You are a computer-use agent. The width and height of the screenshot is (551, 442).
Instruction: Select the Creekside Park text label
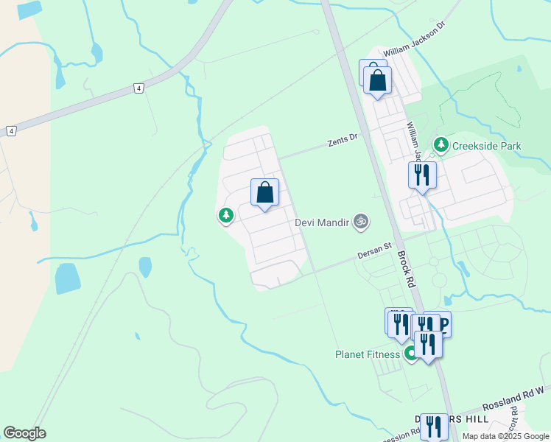point(487,146)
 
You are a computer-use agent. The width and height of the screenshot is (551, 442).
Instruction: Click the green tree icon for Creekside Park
point(441,144)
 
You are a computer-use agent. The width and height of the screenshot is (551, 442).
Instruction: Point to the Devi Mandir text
point(322,221)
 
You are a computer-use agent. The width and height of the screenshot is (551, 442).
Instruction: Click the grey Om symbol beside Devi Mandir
point(360,220)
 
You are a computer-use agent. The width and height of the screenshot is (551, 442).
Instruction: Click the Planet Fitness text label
point(368,354)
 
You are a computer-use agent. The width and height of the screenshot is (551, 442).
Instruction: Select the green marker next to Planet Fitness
point(410,354)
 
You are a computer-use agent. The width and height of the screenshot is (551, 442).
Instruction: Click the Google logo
point(24,433)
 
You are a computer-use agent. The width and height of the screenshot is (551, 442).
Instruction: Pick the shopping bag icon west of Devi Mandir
point(265,192)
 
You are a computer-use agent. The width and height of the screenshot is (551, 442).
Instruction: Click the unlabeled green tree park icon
point(225,216)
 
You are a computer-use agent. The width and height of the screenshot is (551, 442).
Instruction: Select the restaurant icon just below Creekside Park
point(422,175)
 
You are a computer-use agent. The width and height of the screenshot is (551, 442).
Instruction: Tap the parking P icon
point(443,323)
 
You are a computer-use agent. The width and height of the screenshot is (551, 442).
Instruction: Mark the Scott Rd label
point(516,421)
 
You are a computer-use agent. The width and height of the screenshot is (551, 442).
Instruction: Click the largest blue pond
point(68,278)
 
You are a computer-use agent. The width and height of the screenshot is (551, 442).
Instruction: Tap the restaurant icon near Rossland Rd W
point(434,425)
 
